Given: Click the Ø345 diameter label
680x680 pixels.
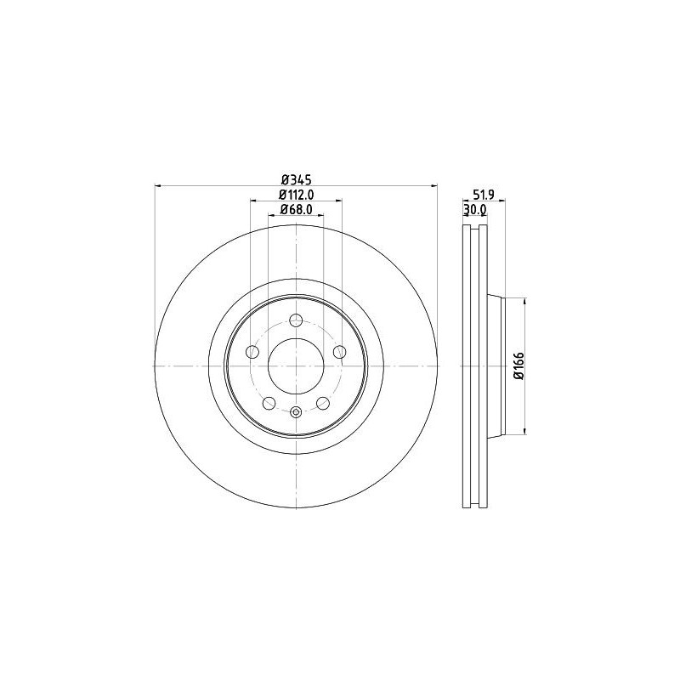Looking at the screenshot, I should coord(297,179).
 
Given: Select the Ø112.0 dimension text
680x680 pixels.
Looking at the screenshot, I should coord(297,195).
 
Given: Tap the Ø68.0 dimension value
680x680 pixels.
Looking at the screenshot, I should coord(297,209).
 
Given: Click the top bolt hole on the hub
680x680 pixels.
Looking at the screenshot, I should coord(296,320).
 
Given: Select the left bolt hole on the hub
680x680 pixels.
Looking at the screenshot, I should coord(252,352).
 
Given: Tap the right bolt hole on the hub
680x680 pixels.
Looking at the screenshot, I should coord(339,352).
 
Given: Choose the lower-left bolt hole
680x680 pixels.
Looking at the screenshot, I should coord(269,403).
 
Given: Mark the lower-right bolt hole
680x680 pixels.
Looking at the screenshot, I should coord(323,403).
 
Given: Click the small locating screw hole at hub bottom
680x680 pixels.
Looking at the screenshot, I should coord(296,413).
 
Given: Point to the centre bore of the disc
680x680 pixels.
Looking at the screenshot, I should coord(296,365).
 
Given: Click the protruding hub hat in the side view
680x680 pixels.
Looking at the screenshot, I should coord(496,365).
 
